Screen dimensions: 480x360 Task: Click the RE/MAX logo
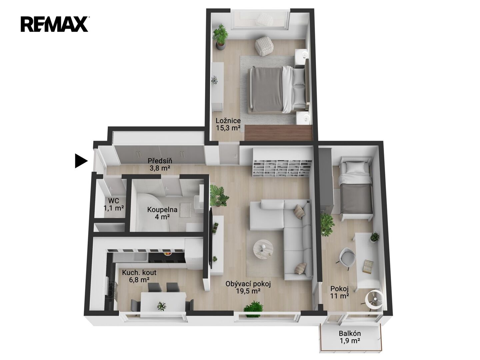54,25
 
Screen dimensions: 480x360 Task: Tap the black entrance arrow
81,161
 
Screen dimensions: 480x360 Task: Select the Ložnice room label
228,121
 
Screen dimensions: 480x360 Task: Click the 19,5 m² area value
248,291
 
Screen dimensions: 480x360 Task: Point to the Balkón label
350,333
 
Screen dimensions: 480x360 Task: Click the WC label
114,200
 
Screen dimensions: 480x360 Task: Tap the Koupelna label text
162,210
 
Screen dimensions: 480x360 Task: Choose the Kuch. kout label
139,272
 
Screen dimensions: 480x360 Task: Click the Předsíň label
160,161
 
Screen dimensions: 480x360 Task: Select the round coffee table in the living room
263,249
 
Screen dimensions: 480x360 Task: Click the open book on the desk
368,266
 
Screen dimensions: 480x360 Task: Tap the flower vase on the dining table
161,306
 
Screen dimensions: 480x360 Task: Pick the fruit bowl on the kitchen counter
168,254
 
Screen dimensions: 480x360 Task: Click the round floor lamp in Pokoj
375,299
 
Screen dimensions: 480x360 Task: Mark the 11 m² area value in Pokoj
339,296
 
